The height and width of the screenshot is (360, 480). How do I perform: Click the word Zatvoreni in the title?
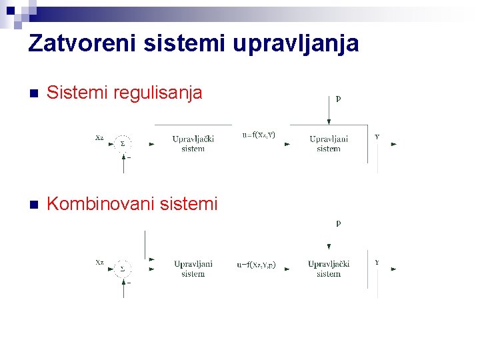pyautogui.click(x=80, y=44)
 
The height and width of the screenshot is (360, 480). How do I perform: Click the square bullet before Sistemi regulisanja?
pyautogui.click(x=34, y=93)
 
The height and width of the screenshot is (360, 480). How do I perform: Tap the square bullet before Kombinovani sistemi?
pyautogui.click(x=34, y=204)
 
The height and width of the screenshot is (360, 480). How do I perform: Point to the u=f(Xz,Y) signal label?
pyautogui.click(x=259, y=135)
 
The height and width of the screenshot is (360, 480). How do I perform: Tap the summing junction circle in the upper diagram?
pyautogui.click(x=122, y=143)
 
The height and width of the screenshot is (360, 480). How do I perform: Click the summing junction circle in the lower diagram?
pyautogui.click(x=122, y=269)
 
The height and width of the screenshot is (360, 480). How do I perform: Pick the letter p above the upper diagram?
pyautogui.click(x=339, y=98)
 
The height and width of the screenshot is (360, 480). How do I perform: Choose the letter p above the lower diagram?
pyautogui.click(x=339, y=223)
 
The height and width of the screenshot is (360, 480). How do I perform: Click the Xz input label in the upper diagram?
pyautogui.click(x=99, y=137)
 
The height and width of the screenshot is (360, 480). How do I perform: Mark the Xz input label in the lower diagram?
pyautogui.click(x=99, y=263)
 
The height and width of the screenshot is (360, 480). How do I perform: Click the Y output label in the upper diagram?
pyautogui.click(x=377, y=136)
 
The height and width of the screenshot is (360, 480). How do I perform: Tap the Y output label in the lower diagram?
pyautogui.click(x=377, y=263)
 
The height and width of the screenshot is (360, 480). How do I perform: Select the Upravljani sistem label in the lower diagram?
pyautogui.click(x=193, y=269)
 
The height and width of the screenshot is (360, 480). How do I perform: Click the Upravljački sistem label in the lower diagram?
pyautogui.click(x=329, y=269)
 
